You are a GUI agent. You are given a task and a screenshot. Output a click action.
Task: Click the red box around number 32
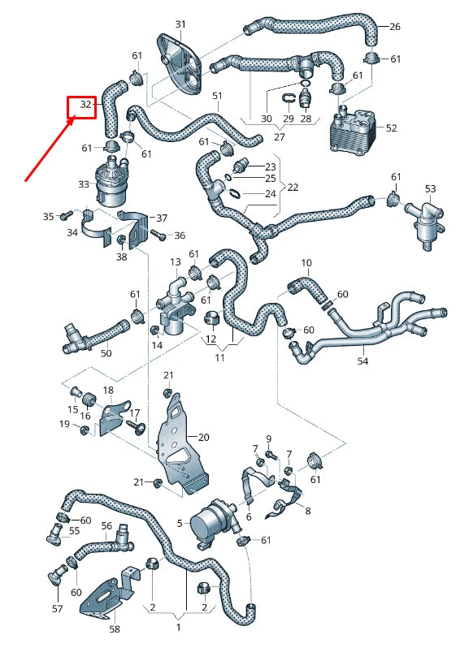[x=82, y=106]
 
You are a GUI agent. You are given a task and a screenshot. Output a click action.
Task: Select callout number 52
[x=391, y=128]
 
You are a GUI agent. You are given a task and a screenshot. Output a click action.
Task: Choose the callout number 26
[x=394, y=27]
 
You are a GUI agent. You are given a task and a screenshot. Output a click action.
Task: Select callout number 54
[x=362, y=360]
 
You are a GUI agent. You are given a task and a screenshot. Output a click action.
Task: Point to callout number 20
[x=203, y=437]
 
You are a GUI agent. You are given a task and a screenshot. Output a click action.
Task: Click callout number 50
[x=106, y=353]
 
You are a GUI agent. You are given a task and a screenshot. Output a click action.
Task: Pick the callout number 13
[x=175, y=262]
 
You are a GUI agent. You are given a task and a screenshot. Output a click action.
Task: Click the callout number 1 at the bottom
[x=179, y=628]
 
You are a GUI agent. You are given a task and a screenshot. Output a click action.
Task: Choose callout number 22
[x=293, y=187]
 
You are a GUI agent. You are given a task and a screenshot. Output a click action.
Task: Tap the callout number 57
[x=57, y=607]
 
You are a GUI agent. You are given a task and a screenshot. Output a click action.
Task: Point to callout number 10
[x=306, y=263]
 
